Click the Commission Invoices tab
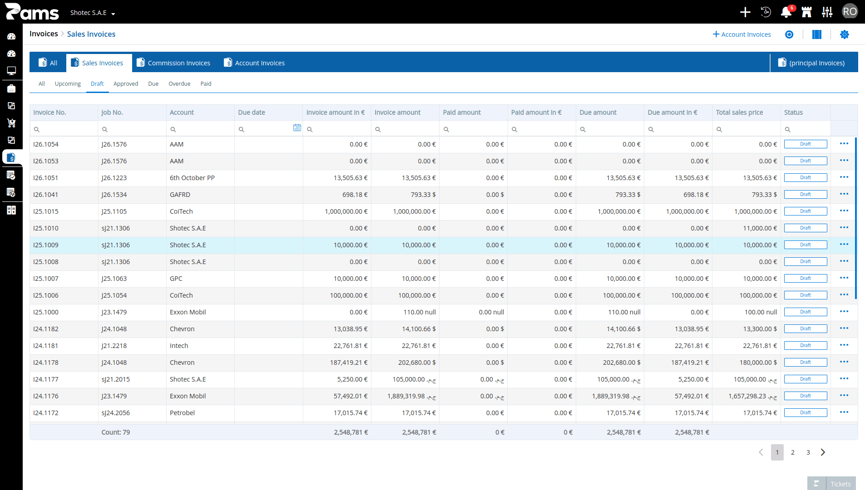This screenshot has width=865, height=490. click(x=173, y=63)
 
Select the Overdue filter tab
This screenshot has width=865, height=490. click(x=179, y=83)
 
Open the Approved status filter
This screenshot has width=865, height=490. click(x=126, y=83)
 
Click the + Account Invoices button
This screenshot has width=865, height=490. click(x=742, y=34)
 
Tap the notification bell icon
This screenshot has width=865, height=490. click(x=786, y=12)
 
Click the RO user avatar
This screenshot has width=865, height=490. click(x=850, y=12)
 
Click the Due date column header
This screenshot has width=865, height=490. click(x=252, y=113)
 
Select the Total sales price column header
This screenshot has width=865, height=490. click(x=739, y=113)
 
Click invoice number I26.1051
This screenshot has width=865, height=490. click(x=46, y=178)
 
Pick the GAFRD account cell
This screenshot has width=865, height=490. click(x=180, y=195)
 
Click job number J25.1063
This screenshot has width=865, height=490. click(x=114, y=279)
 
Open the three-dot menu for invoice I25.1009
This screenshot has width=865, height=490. click(x=844, y=245)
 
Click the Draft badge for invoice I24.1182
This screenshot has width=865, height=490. click(x=806, y=329)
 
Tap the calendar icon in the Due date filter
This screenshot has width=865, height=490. click(x=297, y=128)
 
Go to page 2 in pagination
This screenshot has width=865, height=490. click(x=793, y=452)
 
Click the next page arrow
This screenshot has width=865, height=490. click(x=823, y=452)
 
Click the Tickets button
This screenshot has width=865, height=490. click(x=831, y=484)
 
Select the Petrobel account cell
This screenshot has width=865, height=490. click(x=182, y=413)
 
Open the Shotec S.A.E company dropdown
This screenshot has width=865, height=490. click(x=93, y=13)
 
